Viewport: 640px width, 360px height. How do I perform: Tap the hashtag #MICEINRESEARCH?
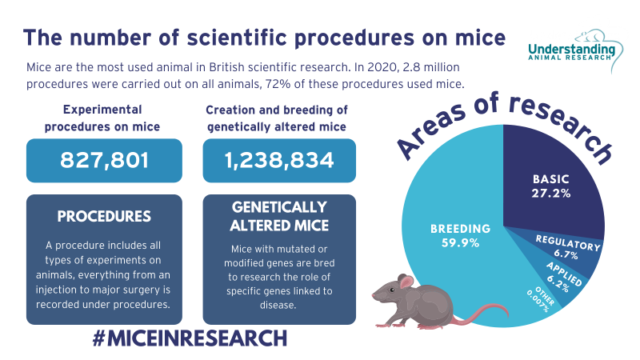point(189,338)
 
